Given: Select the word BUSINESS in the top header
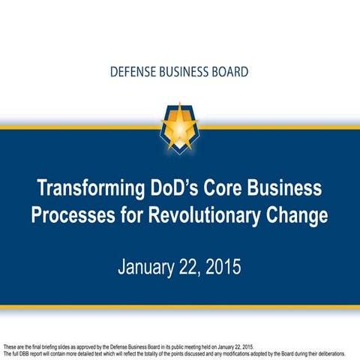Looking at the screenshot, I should click(x=184, y=73).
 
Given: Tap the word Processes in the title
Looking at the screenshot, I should click(x=72, y=215).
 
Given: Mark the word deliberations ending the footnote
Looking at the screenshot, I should click(x=335, y=352).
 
